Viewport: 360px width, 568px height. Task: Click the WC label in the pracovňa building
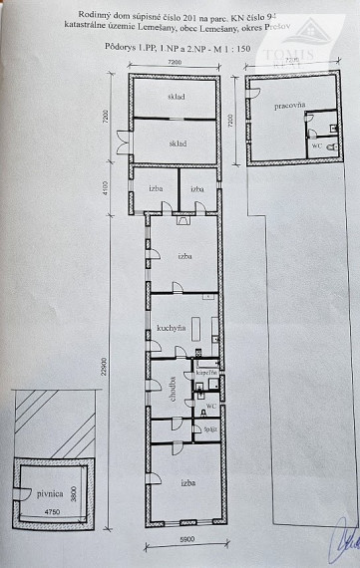click(316, 144)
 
